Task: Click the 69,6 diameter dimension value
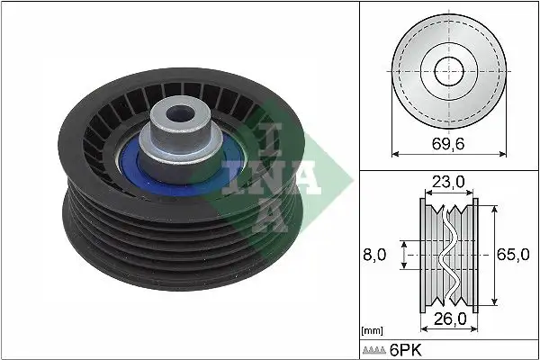(447, 141)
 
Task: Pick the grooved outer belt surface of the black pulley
(135, 238)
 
